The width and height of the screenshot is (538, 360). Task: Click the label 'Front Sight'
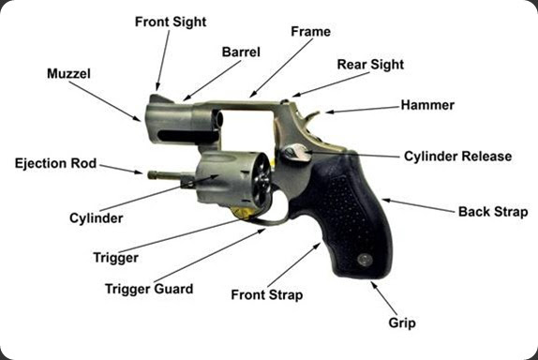pos(171,21)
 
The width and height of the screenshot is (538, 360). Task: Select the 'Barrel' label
pos(240,52)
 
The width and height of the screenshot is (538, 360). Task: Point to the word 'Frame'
pos(310,31)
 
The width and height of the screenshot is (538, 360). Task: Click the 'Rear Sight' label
pos(370,65)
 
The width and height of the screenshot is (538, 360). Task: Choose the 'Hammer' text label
pos(426,105)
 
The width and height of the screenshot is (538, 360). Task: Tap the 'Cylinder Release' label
pos(457,156)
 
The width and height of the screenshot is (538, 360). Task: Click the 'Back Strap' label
pos(492,212)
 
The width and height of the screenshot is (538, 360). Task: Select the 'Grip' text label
pos(402,322)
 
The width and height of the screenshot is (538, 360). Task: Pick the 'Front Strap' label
pos(266,294)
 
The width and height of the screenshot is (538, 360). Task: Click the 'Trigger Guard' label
pos(149,289)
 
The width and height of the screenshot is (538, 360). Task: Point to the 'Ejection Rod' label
pos(55,163)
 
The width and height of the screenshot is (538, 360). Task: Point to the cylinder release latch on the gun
pos(294,152)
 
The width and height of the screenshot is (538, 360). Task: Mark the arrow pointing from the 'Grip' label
pos(383,298)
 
